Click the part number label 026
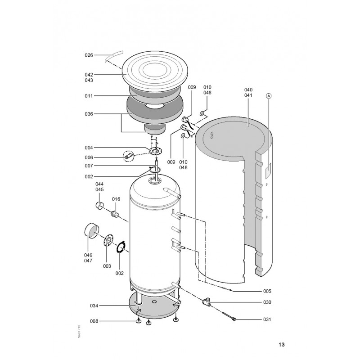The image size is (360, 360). pyautogui.click(x=89, y=55)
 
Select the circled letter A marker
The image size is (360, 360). pyautogui.click(x=269, y=96)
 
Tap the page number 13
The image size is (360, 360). pyautogui.click(x=282, y=344)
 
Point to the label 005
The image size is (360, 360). pyautogui.click(x=267, y=291)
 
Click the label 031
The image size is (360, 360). pyautogui.click(x=267, y=319)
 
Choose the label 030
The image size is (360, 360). pyautogui.click(x=267, y=302)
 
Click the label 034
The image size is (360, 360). pyautogui.click(x=94, y=306)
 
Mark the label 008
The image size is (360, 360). pyautogui.click(x=94, y=321)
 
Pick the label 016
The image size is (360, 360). pyautogui.click(x=116, y=199)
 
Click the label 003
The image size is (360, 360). pyautogui.click(x=107, y=266)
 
